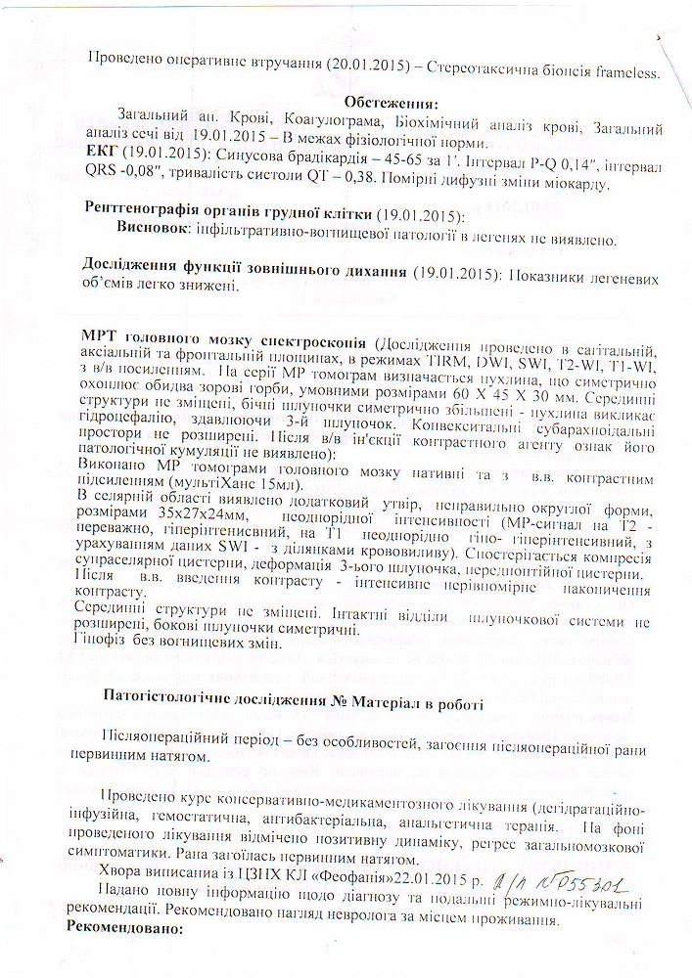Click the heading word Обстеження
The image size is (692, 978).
click(391, 104)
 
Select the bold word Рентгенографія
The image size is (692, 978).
click(144, 216)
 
